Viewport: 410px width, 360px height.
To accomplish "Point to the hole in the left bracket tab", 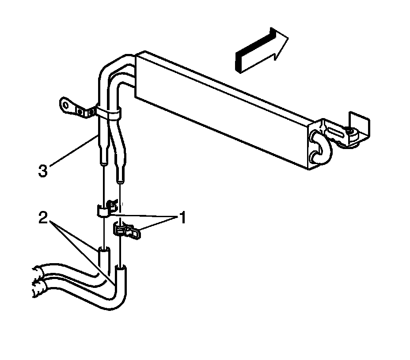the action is tap(66, 106).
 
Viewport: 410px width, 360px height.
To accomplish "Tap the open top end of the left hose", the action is tap(103, 249).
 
